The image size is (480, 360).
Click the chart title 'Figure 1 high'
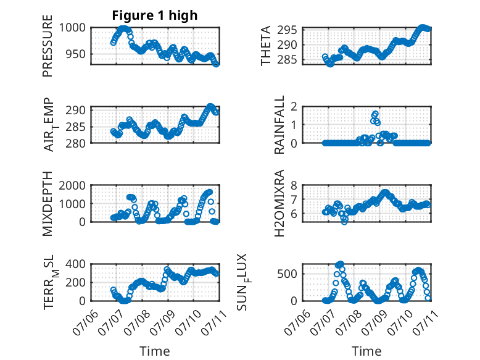click(155, 15)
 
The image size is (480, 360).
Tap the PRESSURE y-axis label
click(48, 46)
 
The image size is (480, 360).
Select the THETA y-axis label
click(266, 46)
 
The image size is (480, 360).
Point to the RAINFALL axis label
click(279, 125)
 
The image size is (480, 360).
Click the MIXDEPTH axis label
click(48, 204)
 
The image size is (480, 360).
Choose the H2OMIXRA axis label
click(279, 203)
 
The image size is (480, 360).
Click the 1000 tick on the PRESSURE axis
click(72, 28)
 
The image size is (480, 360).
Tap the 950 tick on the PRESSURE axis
click(76, 54)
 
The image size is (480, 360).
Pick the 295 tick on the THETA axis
click(287, 30)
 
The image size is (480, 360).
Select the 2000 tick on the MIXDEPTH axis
click(72, 185)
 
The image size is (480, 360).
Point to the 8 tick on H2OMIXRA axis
click(294, 185)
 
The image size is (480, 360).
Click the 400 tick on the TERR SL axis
click(76, 264)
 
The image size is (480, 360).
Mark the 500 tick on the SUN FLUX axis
click(287, 274)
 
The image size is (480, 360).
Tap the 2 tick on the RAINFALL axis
click(294, 107)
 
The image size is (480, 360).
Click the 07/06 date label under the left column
click(86, 322)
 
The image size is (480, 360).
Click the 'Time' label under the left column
click(155, 351)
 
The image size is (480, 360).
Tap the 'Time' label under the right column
click(366, 351)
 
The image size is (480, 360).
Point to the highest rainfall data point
click(375, 114)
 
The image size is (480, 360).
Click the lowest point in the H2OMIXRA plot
click(344, 222)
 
